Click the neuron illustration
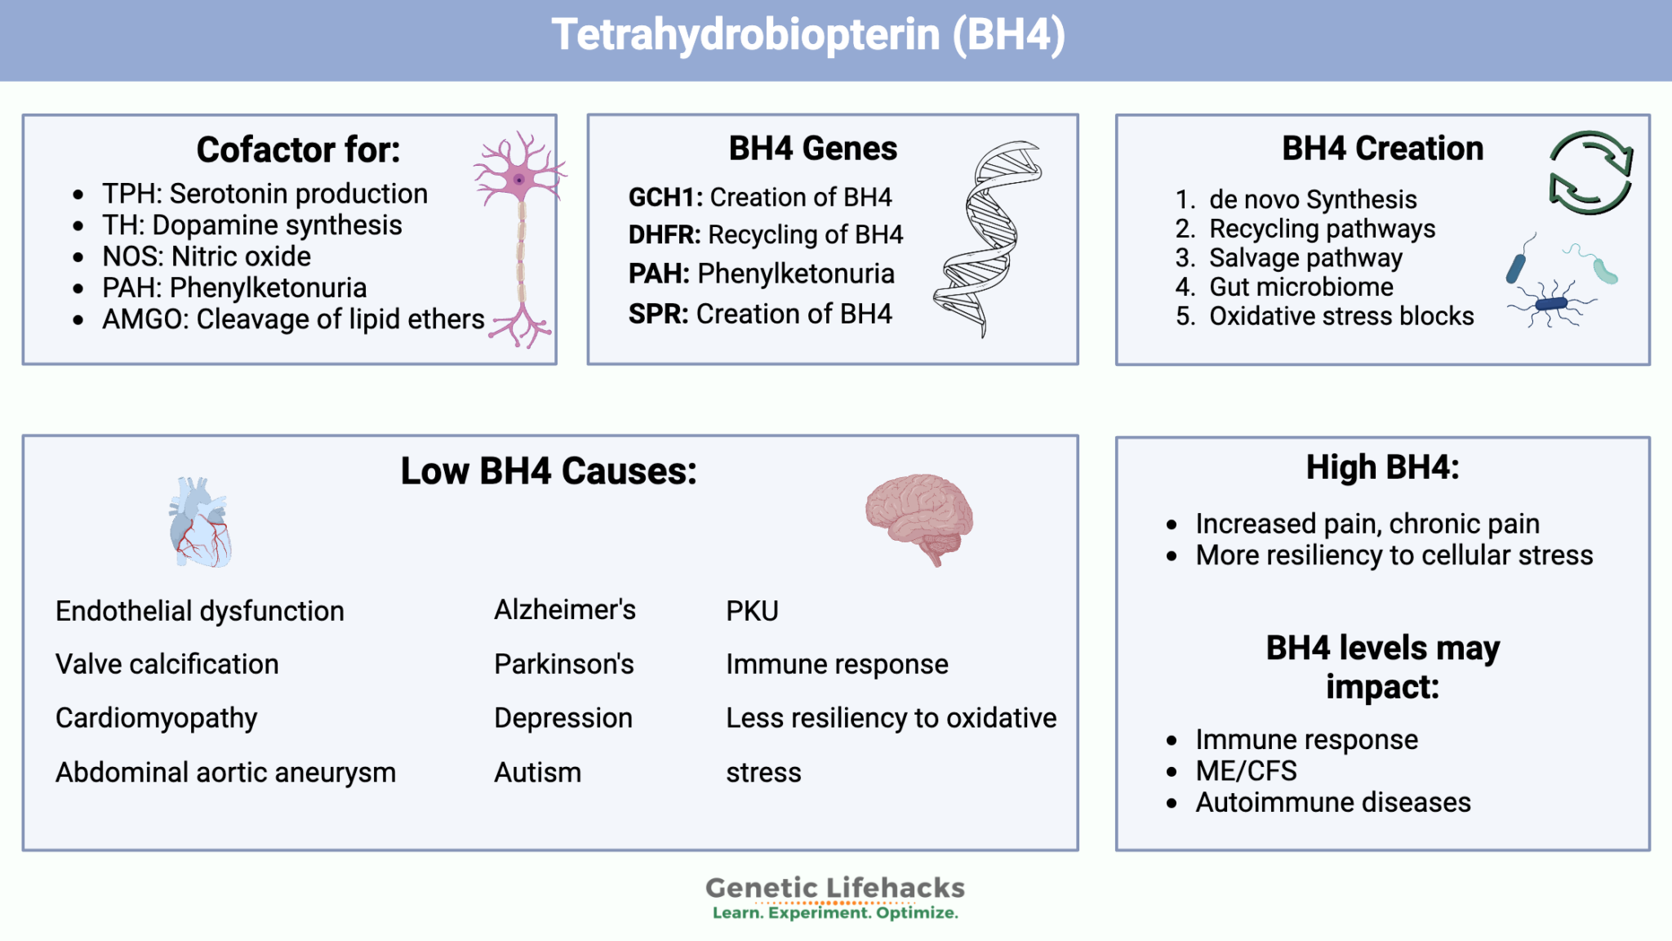click(x=521, y=239)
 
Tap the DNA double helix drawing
click(x=988, y=239)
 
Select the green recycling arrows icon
click(x=1590, y=172)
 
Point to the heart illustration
click(x=201, y=522)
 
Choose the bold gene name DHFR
click(x=664, y=235)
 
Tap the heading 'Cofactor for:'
click(x=299, y=149)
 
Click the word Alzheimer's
click(x=565, y=609)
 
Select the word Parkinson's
click(x=564, y=664)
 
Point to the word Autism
click(x=538, y=772)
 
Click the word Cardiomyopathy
click(x=157, y=719)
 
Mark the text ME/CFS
click(x=1246, y=770)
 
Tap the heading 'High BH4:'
click(x=1383, y=467)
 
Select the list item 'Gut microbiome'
click(x=1301, y=287)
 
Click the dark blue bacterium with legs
click(x=1550, y=304)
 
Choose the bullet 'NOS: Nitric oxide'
click(x=207, y=256)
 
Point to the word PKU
click(x=752, y=611)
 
